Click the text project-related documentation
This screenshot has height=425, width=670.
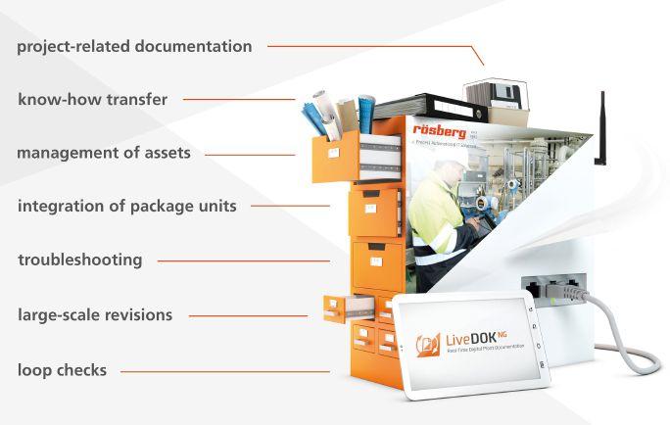click(134, 46)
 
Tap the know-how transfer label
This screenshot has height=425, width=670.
click(92, 99)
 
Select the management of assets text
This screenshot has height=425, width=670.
click(104, 153)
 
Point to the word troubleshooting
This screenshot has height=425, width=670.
click(80, 260)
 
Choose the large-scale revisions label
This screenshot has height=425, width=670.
click(95, 315)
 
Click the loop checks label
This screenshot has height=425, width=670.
click(62, 370)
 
